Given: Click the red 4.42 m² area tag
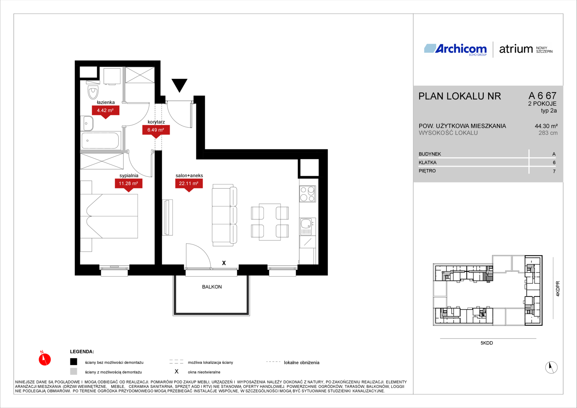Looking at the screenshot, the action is (x=105, y=111).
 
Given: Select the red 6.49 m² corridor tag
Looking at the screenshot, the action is (x=156, y=130).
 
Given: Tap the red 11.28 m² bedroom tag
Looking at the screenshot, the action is (x=128, y=184).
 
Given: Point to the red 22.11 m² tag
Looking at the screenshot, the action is (x=189, y=184).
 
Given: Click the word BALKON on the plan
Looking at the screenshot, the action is (x=212, y=287).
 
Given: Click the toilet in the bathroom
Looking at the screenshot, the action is (x=93, y=90).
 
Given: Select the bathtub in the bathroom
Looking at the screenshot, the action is (x=100, y=141).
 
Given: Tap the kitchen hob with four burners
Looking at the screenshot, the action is (x=307, y=194).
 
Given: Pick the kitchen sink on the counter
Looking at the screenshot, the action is (x=307, y=227).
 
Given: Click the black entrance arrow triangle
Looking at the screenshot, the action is (x=179, y=84).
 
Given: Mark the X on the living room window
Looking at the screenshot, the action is (x=224, y=263).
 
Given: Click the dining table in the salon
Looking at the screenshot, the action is (x=270, y=222).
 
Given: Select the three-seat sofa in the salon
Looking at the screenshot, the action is (x=224, y=215).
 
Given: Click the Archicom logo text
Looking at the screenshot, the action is (x=461, y=49).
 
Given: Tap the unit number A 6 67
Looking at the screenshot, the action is (x=543, y=96).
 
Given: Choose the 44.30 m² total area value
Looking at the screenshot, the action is (x=546, y=126).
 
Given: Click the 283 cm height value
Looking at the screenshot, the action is (x=548, y=133).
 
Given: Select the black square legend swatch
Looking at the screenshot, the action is (x=74, y=362).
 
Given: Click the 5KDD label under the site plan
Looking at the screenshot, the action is (x=487, y=343).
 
